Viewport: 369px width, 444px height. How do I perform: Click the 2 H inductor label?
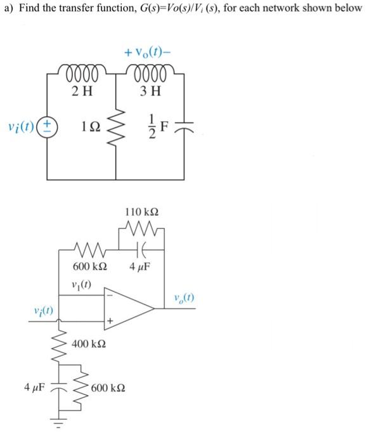(83, 91)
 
